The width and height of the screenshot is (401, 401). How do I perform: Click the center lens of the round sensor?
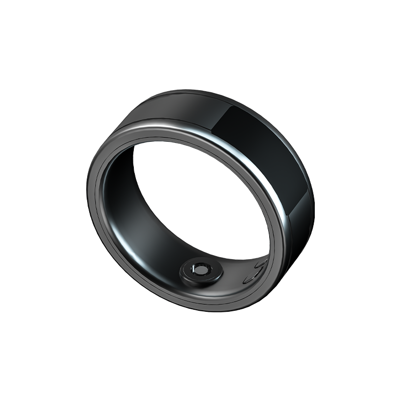point(201,270)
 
